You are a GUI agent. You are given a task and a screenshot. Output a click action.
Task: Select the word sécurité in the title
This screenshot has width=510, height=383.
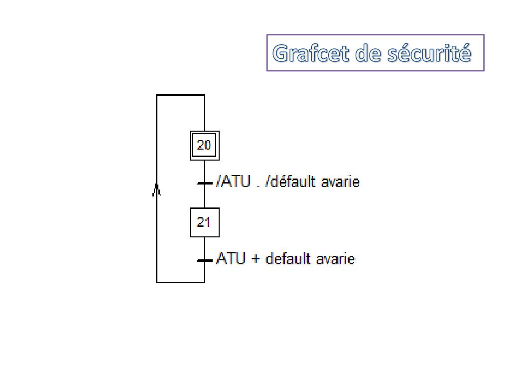click(429, 53)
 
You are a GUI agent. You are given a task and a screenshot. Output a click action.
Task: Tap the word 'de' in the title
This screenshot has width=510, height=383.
click(368, 53)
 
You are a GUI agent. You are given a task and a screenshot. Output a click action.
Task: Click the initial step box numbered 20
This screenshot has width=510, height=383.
click(204, 145)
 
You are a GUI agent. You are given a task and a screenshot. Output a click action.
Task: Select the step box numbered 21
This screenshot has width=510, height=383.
click(204, 222)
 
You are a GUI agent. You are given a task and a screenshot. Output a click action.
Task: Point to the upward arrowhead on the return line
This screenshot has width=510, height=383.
click(156, 190)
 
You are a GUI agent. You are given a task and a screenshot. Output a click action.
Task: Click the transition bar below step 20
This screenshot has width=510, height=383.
click(205, 183)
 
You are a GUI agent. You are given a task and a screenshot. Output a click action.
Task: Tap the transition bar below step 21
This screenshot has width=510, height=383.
click(205, 260)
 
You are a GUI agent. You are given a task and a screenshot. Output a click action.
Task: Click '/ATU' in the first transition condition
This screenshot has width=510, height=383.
click(233, 182)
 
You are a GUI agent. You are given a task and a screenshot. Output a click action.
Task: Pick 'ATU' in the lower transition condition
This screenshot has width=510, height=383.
click(231, 259)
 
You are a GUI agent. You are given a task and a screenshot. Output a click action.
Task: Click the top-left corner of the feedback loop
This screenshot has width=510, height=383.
click(157, 95)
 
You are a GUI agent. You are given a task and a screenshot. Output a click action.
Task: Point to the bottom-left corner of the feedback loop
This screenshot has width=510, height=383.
click(157, 282)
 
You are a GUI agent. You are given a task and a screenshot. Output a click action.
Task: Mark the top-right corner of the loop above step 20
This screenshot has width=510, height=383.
click(205, 95)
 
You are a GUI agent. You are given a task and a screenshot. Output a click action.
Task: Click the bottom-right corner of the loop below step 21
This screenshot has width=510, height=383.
click(205, 282)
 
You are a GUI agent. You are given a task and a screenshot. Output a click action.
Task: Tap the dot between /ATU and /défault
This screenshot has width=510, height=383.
click(258, 186)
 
